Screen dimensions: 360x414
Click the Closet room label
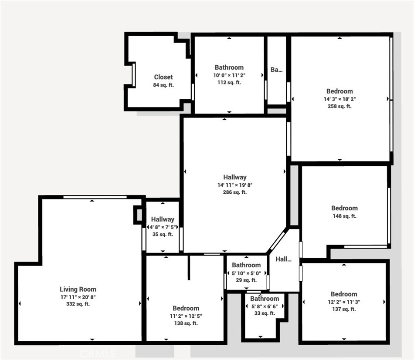pyautogui.click(x=163, y=77)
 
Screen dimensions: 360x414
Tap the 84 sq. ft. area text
pyautogui.click(x=163, y=85)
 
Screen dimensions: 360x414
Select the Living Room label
pyautogui.click(x=78, y=289)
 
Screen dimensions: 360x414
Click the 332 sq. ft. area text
pyautogui.click(x=78, y=304)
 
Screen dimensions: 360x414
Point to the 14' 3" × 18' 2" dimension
pyautogui.click(x=339, y=99)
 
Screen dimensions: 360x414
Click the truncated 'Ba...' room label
pyautogui.click(x=277, y=70)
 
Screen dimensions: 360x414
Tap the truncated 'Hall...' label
pyautogui.click(x=284, y=259)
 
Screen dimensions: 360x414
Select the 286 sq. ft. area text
pyautogui.click(x=235, y=192)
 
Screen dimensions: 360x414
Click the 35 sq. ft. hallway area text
pyautogui.click(x=163, y=234)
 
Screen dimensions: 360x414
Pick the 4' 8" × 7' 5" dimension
pyautogui.click(x=163, y=227)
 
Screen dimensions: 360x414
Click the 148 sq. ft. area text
pyautogui.click(x=344, y=216)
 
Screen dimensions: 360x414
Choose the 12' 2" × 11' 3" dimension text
pyautogui.click(x=344, y=302)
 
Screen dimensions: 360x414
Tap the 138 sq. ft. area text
pyautogui.click(x=186, y=323)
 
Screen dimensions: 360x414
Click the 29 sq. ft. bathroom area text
pyautogui.click(x=246, y=280)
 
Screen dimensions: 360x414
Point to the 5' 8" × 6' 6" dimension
pyautogui.click(x=265, y=306)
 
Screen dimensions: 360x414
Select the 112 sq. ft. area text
pyautogui.click(x=229, y=83)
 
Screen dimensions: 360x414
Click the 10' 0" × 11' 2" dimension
pyautogui.click(x=229, y=75)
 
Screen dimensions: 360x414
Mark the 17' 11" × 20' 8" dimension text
pyautogui.click(x=78, y=297)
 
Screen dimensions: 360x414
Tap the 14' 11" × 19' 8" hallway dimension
pyautogui.click(x=235, y=185)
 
